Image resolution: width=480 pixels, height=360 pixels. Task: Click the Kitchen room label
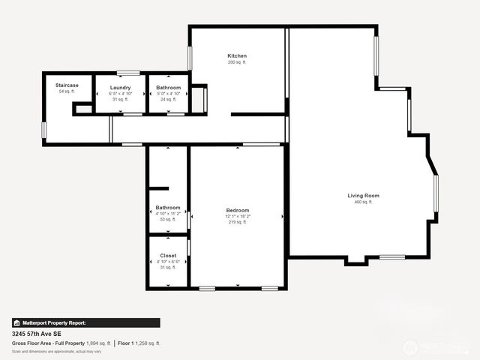click(237, 56)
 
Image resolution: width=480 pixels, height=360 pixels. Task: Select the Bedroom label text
click(237, 210)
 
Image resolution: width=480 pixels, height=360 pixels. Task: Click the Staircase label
click(67, 85)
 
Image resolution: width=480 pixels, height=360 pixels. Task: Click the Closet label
click(168, 255)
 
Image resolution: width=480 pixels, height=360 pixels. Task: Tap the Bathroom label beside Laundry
click(168, 88)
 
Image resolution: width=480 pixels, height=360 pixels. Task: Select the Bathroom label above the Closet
click(168, 207)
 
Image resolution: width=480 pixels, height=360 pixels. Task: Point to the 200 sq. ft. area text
click(237, 62)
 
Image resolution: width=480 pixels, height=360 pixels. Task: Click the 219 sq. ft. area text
click(237, 222)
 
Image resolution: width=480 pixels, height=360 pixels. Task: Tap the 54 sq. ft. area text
click(67, 91)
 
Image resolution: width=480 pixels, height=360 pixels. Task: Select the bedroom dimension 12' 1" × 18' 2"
click(237, 216)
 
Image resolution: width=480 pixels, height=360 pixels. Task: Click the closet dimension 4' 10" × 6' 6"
click(168, 261)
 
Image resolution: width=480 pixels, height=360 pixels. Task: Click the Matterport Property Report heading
click(53, 322)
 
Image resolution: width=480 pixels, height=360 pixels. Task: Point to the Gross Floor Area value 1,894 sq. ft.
click(97, 343)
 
